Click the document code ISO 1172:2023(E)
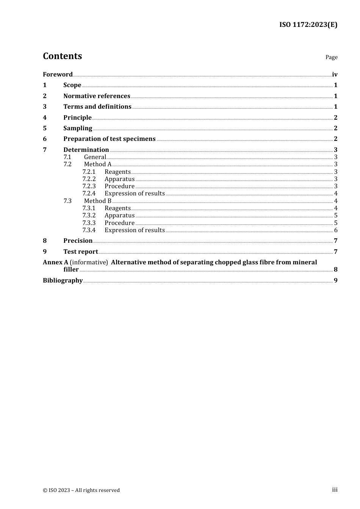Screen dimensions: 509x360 (308, 25)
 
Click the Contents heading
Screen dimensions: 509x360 (63, 56)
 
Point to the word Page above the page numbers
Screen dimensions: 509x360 (331, 57)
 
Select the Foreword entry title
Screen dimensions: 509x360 (58, 74)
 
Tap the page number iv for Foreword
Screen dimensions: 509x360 (335, 74)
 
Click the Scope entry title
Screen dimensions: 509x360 (72, 85)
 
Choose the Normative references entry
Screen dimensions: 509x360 (97, 96)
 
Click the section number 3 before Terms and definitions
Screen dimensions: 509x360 (45, 106)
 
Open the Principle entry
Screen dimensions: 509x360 (77, 117)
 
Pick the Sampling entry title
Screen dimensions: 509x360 (78, 128)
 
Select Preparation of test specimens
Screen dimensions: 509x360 (109, 139)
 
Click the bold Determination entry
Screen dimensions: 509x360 (86, 150)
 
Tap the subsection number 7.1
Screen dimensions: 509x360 (67, 157)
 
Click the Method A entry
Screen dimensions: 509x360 (98, 164)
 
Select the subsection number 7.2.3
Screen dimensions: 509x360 (89, 186)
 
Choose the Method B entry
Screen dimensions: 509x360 (98, 201)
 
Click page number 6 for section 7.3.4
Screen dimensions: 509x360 (336, 230)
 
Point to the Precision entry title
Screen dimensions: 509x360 (78, 240)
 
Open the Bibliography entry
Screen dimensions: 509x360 (63, 280)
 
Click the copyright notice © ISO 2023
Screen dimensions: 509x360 (81, 490)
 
